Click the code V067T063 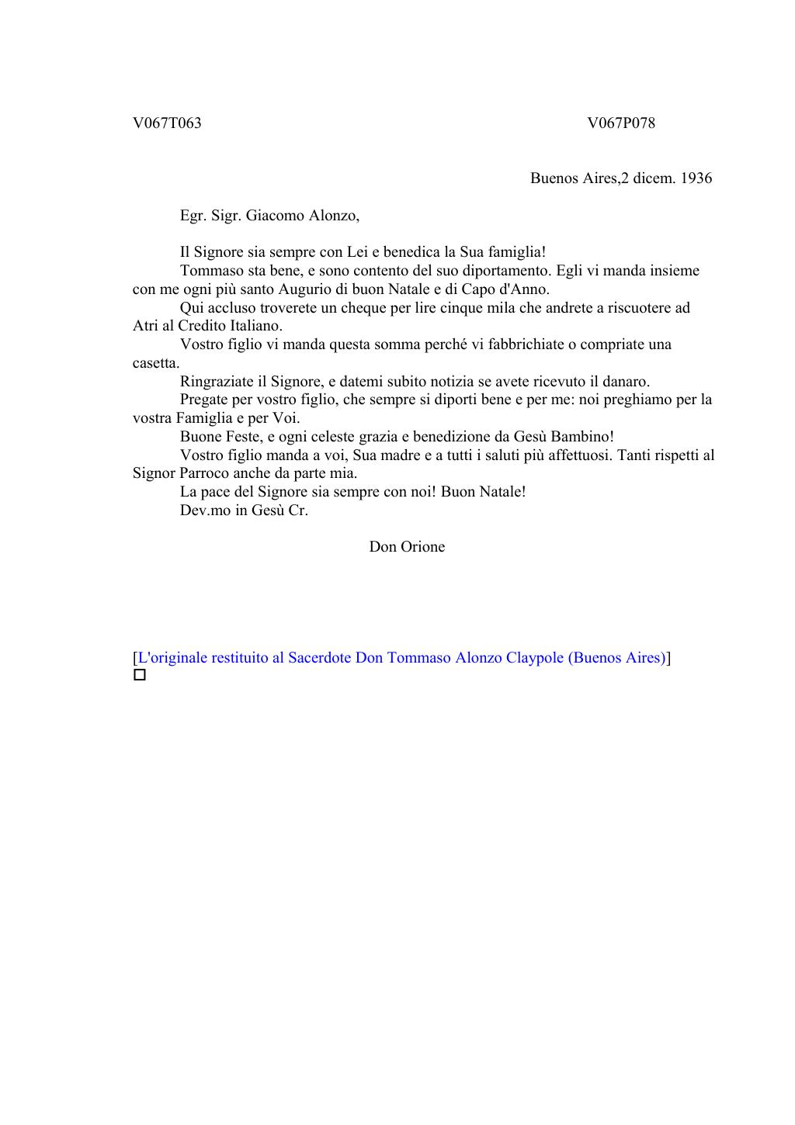click(167, 123)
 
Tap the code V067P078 click(621, 123)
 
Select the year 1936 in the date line click(696, 178)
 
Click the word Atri click(145, 326)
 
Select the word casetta click(156, 363)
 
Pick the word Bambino click(583, 437)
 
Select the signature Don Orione click(407, 547)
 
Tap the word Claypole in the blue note click(535, 658)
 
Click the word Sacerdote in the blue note click(319, 658)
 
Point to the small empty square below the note click(140, 676)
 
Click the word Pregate click(204, 400)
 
